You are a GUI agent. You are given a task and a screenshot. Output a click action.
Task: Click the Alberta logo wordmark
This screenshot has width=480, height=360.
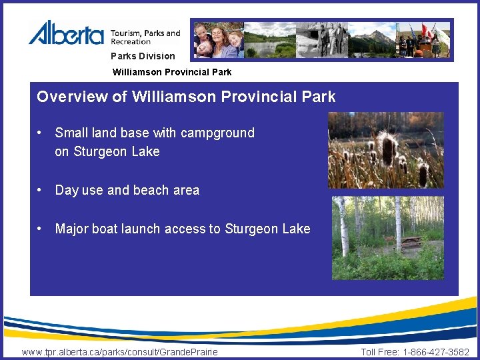(66, 33)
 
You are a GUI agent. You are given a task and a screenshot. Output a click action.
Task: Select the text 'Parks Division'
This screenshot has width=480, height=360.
(143, 56)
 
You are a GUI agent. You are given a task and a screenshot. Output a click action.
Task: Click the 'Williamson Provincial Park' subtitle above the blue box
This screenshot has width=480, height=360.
(172, 71)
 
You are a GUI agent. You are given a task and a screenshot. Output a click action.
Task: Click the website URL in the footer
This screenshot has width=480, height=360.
(120, 352)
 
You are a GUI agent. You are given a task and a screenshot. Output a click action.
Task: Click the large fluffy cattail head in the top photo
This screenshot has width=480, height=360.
(386, 143)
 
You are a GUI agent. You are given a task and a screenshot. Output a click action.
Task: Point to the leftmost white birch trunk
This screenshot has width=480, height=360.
(344, 227)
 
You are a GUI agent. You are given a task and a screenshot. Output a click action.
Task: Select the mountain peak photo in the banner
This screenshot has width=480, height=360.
(374, 39)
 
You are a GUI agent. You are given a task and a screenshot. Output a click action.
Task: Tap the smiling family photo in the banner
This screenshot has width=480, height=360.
(218, 40)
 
